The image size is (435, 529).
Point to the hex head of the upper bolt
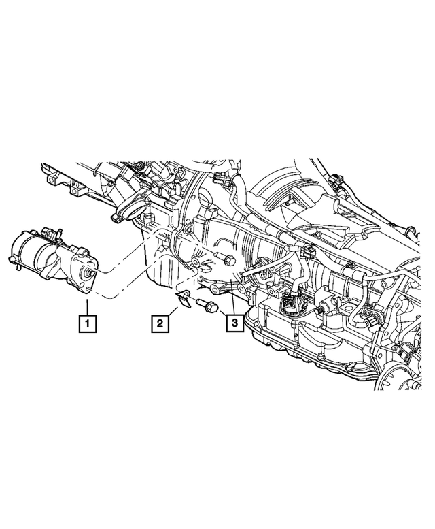(x=228, y=260)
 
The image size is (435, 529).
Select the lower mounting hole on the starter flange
(x=89, y=291)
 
